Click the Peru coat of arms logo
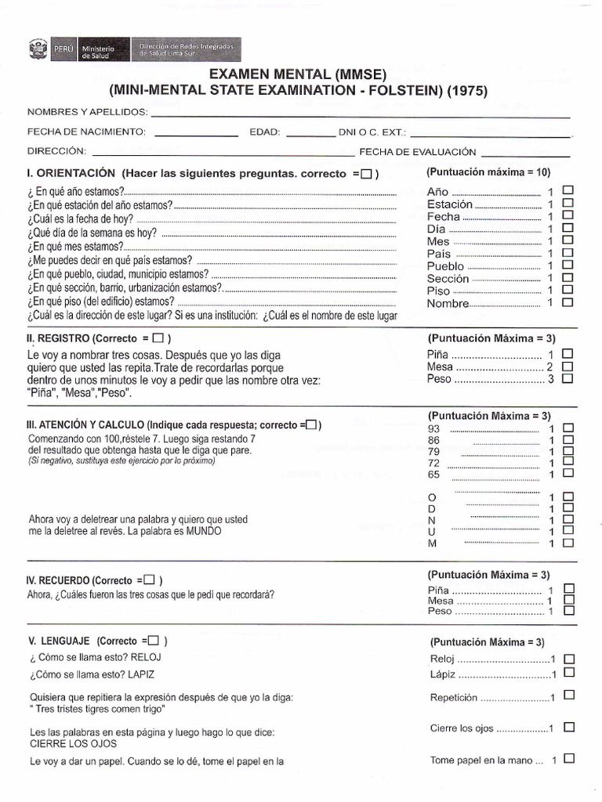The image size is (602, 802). coord(37,50)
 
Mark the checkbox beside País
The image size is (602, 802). coord(568,253)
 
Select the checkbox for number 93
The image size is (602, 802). coord(568,428)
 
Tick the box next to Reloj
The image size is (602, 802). coord(569,659)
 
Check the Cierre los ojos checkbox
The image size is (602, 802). coord(569,728)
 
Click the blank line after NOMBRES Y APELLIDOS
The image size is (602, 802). coord(361,113)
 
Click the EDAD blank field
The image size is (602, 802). coord(310,132)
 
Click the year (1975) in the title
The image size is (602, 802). coord(466,91)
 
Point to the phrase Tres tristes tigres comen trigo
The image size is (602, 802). coord(98,710)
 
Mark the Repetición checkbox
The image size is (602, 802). coord(569,695)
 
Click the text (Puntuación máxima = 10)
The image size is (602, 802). coord(488,171)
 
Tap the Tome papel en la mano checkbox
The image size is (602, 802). coord(569,759)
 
